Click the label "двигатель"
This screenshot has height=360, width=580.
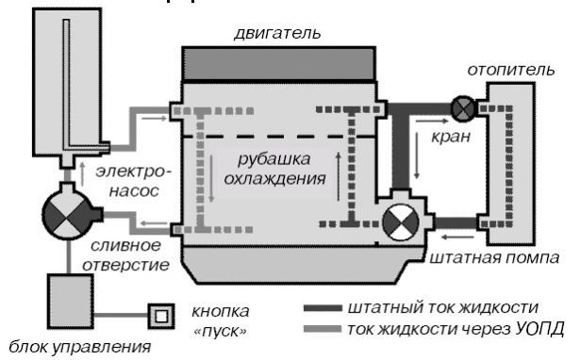pos(277,33)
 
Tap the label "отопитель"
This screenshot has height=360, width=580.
pos(511,70)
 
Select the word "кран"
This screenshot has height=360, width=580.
pos(451,137)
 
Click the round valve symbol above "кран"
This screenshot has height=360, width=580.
pos(463,108)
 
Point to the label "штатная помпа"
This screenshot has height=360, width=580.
pos(494,257)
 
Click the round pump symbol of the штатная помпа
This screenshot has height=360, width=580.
pos(401,222)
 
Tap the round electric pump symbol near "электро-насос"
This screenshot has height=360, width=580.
pos(67,214)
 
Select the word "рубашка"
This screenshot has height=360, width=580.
pos(273,159)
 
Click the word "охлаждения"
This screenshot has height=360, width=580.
pos(274,179)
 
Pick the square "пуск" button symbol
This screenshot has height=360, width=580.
pos(161,316)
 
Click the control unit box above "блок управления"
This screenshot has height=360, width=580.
pos(71,302)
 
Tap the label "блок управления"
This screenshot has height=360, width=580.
pos(80,348)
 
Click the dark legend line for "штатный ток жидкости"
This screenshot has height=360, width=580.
pos(323,308)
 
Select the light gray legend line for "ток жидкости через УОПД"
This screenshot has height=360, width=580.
pos(323,329)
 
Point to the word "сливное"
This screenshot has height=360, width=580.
pos(125,246)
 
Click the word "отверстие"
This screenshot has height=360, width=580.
pos(125,265)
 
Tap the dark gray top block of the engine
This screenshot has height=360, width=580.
pos(279,63)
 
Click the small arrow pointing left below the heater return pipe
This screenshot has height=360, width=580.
pos(458,237)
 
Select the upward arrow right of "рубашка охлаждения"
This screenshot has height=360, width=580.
pos(338,176)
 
